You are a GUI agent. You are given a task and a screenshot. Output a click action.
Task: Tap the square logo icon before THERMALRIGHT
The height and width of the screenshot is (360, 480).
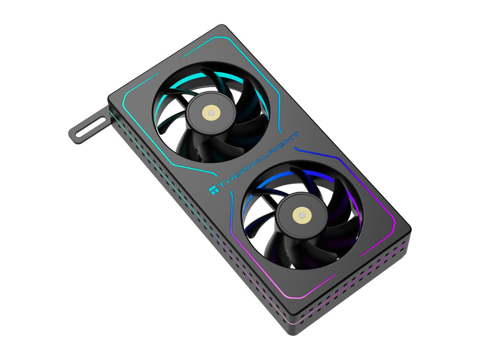click(x=214, y=190)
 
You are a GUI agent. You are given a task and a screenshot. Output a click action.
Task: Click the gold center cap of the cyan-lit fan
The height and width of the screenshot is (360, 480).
click(x=211, y=113)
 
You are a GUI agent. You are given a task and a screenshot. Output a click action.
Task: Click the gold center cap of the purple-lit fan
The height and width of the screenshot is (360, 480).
click(x=302, y=215)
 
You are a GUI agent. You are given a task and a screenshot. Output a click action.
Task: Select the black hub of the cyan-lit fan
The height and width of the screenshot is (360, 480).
click(x=211, y=113)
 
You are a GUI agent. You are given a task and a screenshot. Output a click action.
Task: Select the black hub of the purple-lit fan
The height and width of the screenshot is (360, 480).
click(x=302, y=215)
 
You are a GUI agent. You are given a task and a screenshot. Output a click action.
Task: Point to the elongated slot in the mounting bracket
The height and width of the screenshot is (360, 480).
click(x=89, y=129)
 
